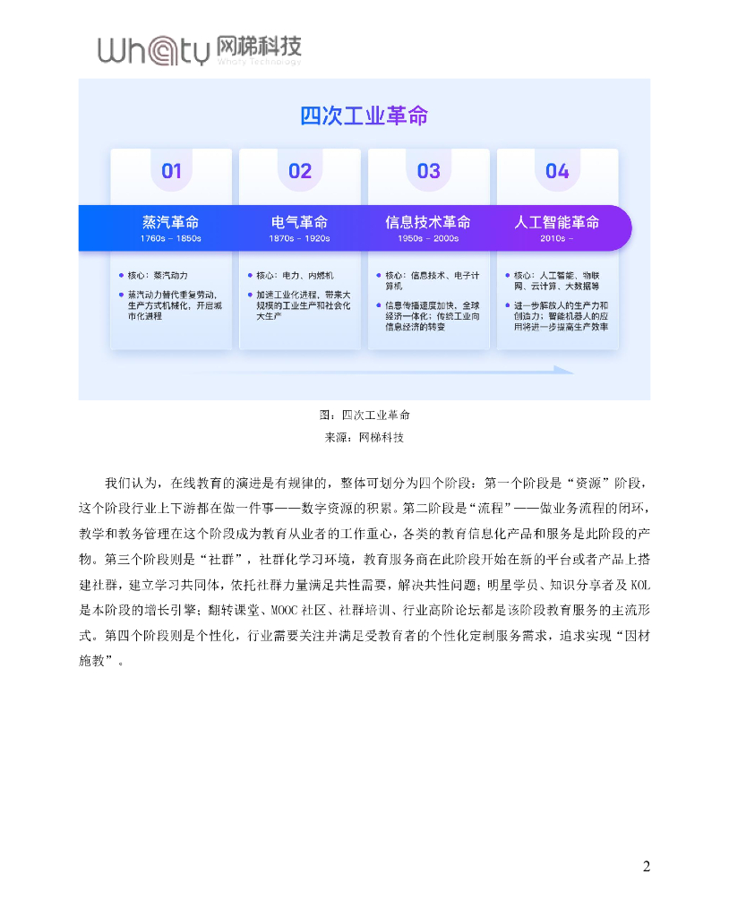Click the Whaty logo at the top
(x=199, y=50)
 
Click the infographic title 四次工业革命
(x=364, y=116)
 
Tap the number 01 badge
(x=171, y=171)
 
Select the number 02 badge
(x=300, y=171)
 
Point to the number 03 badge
(x=429, y=171)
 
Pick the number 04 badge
(x=557, y=171)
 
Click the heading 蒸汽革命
(x=170, y=222)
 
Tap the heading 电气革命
(x=299, y=222)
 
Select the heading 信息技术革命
(x=428, y=222)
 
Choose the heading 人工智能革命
(x=557, y=222)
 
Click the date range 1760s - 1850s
(x=170, y=239)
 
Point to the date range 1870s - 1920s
(x=299, y=239)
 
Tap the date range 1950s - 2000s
(x=428, y=239)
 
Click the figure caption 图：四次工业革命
(x=364, y=416)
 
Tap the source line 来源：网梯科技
(x=364, y=438)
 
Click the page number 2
(x=646, y=866)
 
